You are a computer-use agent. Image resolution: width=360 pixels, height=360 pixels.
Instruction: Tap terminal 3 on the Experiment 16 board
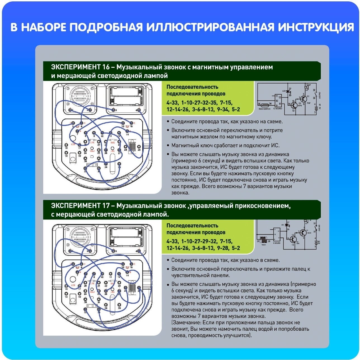click(113, 110)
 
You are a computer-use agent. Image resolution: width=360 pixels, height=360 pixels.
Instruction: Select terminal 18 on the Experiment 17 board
click(66, 294)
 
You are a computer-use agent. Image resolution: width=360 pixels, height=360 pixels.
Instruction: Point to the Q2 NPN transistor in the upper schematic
click(294, 105)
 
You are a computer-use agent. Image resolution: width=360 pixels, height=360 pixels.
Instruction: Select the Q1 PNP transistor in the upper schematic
click(304, 98)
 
